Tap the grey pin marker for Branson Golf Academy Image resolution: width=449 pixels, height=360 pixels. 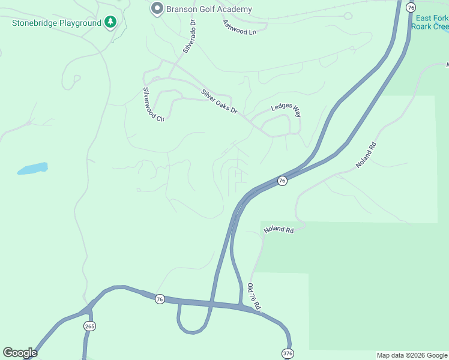[x=157, y=8]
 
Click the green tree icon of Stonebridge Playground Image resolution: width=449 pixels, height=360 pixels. [x=110, y=22]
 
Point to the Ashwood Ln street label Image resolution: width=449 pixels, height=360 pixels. [x=240, y=27]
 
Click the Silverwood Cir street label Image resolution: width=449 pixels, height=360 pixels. [x=152, y=104]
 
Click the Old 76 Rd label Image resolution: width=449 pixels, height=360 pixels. [x=255, y=296]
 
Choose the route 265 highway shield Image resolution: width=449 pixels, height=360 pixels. [x=90, y=326]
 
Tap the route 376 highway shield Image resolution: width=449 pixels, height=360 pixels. [x=288, y=353]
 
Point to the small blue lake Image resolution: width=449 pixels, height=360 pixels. [x=32, y=169]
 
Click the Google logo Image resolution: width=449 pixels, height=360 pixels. [x=20, y=353]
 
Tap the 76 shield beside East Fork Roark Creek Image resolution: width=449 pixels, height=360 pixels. [x=411, y=7]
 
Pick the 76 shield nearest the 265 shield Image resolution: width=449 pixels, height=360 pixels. [x=159, y=299]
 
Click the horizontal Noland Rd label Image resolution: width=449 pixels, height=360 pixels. [x=278, y=230]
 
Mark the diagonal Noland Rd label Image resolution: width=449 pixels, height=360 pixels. [x=365, y=154]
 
